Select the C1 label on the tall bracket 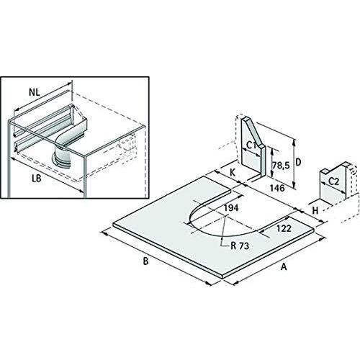coord(251,146)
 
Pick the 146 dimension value coord(277,188)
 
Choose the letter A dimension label coord(284,266)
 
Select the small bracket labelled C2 coord(335,184)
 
